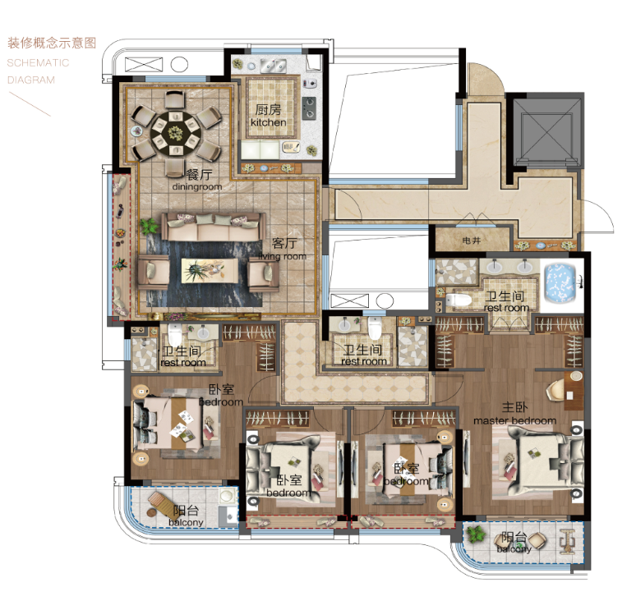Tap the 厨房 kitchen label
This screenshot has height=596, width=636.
(268, 116)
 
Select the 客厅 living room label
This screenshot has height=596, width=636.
(283, 250)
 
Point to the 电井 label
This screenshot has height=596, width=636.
(472, 241)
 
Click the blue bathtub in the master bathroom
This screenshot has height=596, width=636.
(560, 282)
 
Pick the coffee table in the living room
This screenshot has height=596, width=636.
(210, 271)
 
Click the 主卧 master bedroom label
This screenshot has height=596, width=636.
(514, 413)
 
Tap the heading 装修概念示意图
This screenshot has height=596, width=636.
(52, 43)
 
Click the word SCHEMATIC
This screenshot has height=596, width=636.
(38, 62)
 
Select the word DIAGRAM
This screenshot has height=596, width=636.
(31, 80)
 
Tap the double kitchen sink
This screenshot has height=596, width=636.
(273, 65)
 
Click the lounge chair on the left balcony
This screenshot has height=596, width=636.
(161, 505)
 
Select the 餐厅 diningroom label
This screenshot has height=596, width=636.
(197, 181)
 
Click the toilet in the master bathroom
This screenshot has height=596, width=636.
(459, 300)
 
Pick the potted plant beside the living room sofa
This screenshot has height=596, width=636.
(149, 226)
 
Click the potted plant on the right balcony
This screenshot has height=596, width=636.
(477, 534)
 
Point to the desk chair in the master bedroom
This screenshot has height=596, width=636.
(555, 390)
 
